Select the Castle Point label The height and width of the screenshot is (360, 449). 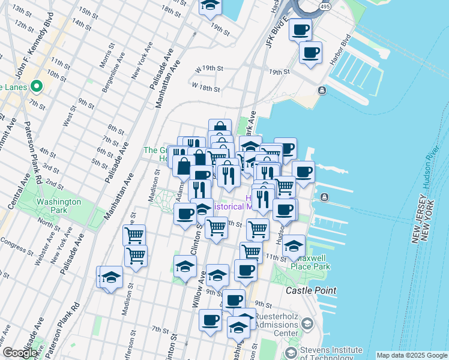click(310, 290)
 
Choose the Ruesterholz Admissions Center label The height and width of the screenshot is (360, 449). click(277, 325)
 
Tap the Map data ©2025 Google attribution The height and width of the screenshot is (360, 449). click(412, 355)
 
